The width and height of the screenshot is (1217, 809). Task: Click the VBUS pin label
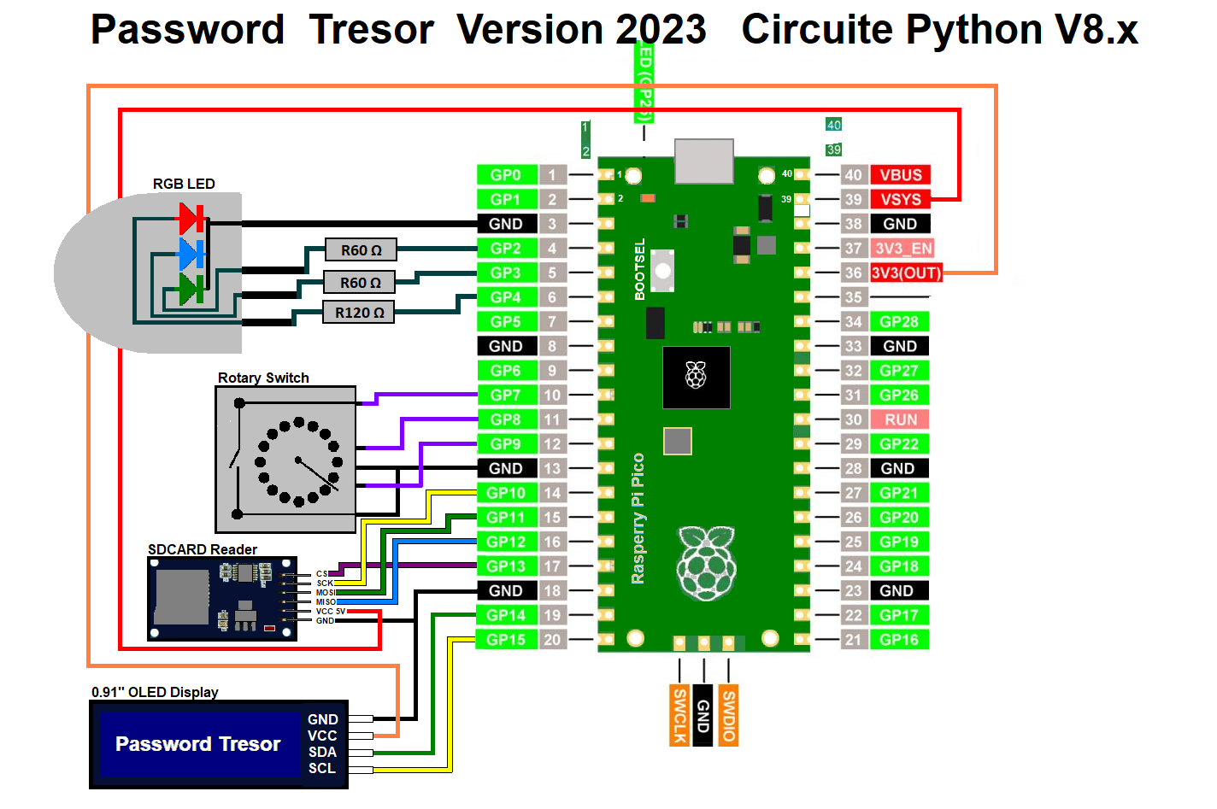(x=900, y=175)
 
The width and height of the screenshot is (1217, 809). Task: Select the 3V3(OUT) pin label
(x=906, y=273)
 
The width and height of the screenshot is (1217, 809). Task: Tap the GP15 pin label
(x=506, y=640)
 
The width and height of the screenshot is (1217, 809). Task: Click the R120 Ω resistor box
(x=359, y=313)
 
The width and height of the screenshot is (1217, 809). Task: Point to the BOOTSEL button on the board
(x=662, y=270)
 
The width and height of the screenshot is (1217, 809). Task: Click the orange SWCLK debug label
(x=679, y=715)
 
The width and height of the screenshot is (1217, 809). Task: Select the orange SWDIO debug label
(x=728, y=715)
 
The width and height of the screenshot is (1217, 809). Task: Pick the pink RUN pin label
(x=900, y=419)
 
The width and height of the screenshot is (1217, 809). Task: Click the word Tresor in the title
(x=372, y=30)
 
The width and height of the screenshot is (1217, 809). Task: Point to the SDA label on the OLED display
(x=322, y=752)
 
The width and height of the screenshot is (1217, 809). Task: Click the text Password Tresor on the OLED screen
(x=197, y=744)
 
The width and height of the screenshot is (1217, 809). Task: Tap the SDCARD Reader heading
(x=203, y=549)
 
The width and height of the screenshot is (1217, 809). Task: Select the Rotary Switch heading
(x=263, y=378)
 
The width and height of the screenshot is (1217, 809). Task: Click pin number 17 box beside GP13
(x=552, y=566)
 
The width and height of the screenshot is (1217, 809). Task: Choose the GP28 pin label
(x=899, y=322)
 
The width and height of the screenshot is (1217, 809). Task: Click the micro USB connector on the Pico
(x=704, y=161)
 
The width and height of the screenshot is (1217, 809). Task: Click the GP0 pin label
(x=506, y=175)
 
